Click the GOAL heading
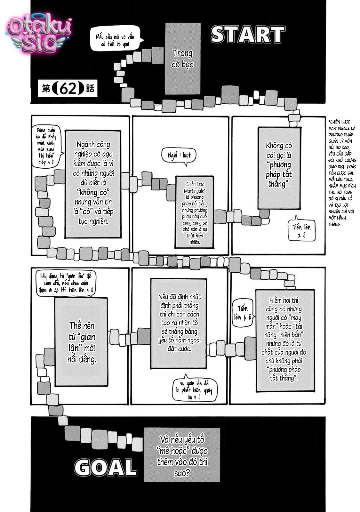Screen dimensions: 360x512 [105, 467]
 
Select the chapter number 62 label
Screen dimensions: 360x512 [68, 88]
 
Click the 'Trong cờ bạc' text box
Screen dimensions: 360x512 [183, 59]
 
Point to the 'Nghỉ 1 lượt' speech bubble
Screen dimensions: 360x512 [179, 156]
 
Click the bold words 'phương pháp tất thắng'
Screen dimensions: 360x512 [279, 174]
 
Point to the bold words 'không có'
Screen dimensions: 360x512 [93, 192]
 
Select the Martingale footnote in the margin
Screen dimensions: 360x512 [342, 173]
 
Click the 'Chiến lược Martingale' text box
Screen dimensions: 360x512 [195, 212]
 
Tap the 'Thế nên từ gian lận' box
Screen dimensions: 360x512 [81, 342]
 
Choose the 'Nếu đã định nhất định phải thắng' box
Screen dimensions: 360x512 [179, 323]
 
